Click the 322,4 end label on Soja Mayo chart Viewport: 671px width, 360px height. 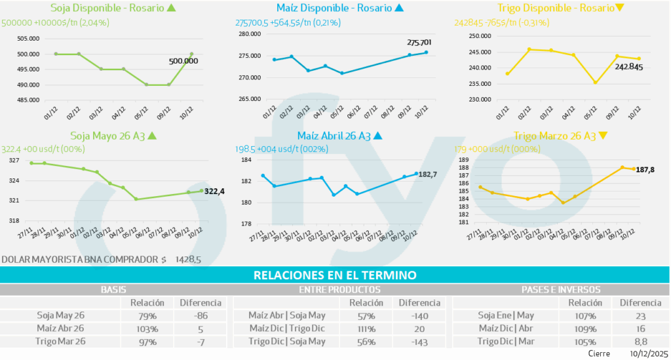215,191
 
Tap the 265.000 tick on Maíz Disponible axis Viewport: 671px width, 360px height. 249,100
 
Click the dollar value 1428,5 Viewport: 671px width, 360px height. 188,260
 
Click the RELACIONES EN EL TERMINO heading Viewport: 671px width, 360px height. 335,275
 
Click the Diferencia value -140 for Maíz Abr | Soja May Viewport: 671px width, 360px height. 419,315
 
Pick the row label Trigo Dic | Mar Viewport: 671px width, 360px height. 505,341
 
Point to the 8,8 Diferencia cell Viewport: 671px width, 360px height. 640,341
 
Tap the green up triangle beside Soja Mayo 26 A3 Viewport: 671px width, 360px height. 152,136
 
